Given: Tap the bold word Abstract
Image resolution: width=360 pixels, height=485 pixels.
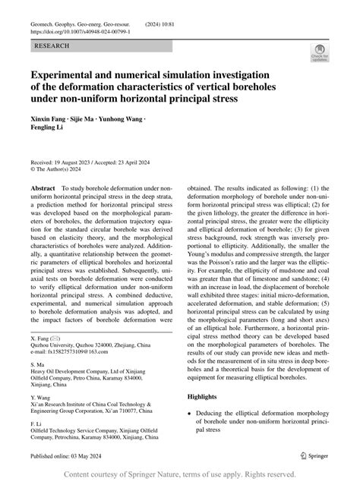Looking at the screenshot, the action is click(42, 187).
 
